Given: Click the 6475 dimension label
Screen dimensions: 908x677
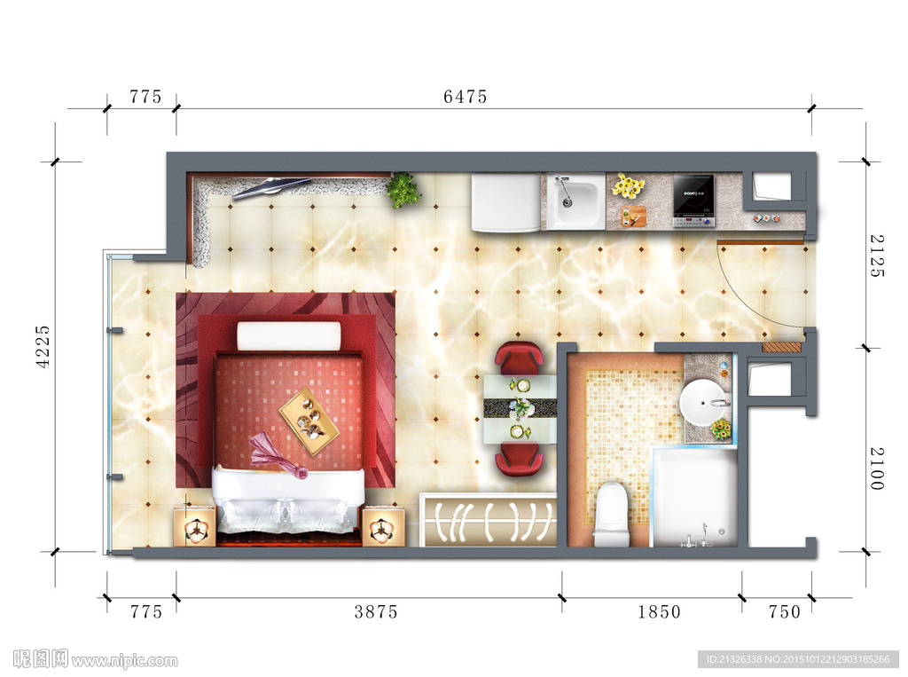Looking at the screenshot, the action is point(465,96).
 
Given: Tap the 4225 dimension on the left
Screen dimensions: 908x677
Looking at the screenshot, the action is point(43,346).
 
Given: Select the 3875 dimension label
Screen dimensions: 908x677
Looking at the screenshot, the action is point(376,611).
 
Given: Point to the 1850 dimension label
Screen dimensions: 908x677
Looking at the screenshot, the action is point(659,611).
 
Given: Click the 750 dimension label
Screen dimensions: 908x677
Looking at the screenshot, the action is point(784,611).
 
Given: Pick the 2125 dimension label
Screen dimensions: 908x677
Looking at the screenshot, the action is point(877,256).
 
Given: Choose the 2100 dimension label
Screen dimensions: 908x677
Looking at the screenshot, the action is point(877,468).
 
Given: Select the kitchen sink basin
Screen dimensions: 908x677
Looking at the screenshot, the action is point(573,201).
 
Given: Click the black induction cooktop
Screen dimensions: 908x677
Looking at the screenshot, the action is point(693,201).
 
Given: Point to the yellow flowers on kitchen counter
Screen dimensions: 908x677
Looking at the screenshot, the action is point(629,185).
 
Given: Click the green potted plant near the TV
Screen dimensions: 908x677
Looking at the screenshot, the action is point(403,190).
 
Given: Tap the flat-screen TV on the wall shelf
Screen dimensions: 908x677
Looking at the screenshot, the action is point(270,186).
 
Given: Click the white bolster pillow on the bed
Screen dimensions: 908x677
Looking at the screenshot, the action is point(289,336).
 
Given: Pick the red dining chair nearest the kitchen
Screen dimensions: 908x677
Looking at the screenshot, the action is point(520,358).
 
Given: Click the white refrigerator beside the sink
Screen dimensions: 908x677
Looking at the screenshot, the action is point(506,202).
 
